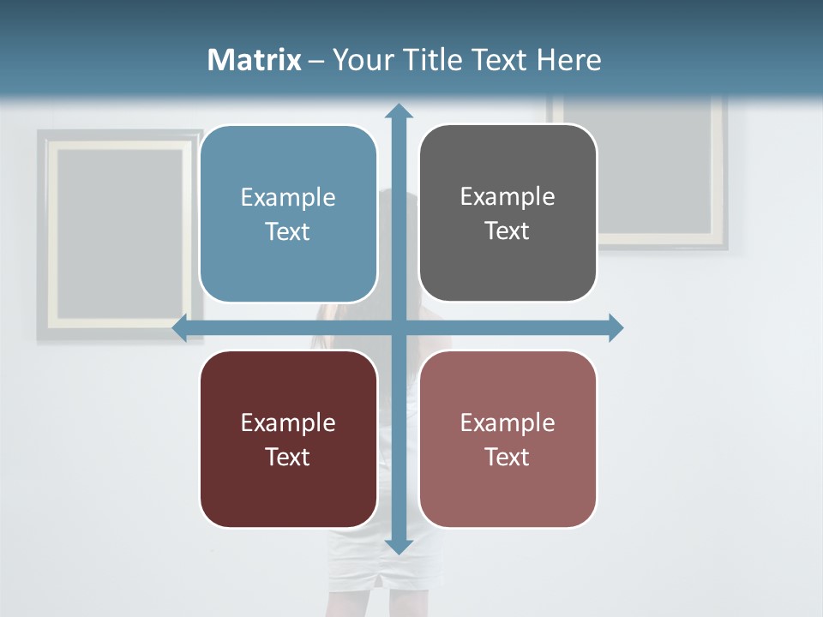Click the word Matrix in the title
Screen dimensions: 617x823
pos(255,60)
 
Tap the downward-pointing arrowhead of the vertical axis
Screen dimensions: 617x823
pos(399,546)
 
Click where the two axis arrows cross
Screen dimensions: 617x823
pos(399,327)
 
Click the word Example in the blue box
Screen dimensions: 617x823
pos(288,198)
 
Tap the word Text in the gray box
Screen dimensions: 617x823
pos(507,231)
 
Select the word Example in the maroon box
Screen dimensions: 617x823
pos(288,423)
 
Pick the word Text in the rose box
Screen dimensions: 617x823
pos(507,458)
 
